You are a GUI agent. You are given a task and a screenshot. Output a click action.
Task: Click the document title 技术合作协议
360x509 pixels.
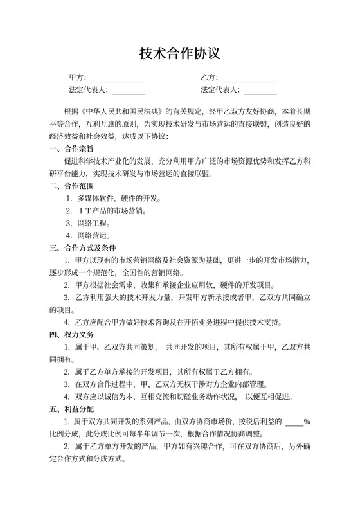179,53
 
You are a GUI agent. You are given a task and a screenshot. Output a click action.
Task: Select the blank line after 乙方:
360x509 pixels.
249,80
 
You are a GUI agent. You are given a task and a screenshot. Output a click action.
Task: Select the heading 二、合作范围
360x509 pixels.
71,186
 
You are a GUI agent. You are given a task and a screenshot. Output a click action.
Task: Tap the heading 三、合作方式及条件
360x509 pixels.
83,248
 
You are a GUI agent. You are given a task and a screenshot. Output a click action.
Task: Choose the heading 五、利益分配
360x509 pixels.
71,409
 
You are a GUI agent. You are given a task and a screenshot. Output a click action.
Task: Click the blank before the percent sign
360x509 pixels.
294,422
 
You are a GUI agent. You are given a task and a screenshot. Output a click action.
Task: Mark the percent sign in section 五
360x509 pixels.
307,422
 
